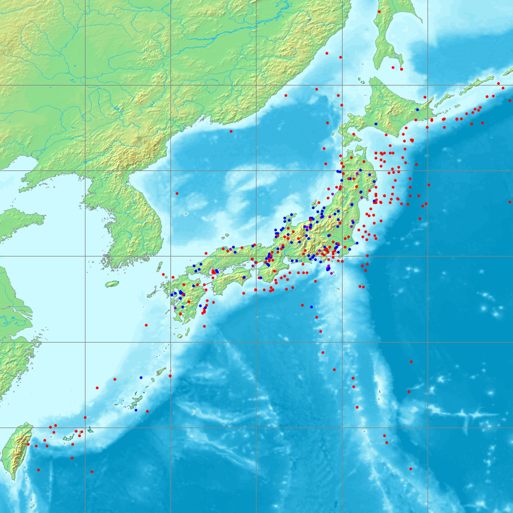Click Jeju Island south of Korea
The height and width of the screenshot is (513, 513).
point(112,283)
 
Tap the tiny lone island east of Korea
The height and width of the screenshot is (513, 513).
point(187,214)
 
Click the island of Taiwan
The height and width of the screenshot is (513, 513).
point(15,450)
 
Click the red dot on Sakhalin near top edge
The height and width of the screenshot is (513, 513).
point(379,11)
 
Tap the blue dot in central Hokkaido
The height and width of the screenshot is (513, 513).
point(376,124)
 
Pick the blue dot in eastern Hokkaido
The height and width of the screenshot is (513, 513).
point(417,109)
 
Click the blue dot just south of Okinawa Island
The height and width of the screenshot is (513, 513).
point(136,410)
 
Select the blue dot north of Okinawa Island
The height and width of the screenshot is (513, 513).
point(141,377)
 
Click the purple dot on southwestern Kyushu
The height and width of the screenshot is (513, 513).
point(176,308)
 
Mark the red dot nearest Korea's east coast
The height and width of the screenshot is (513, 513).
point(177,193)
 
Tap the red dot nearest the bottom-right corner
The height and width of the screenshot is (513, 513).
point(410,469)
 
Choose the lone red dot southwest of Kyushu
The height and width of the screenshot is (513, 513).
point(146,325)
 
